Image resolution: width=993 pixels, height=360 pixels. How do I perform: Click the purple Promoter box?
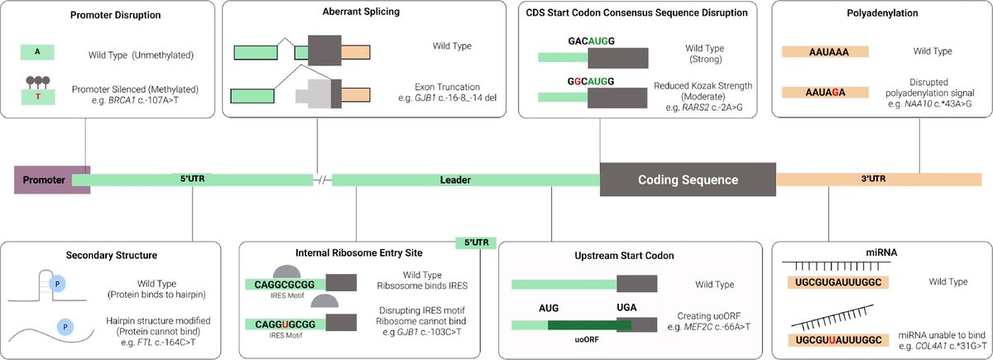point(42,178)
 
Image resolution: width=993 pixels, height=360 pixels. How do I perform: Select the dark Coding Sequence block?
point(687,179)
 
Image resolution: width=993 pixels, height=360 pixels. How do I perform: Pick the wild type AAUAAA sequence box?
point(825,51)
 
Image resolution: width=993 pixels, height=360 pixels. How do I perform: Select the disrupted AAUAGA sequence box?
point(825,93)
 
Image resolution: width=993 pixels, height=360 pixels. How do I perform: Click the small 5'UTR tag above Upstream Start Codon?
point(476,242)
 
